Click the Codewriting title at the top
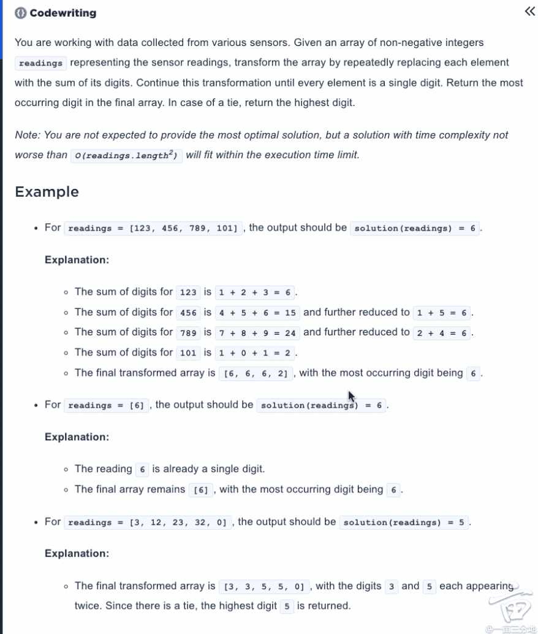point(63,13)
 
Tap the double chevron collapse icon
point(530,11)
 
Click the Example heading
point(47,192)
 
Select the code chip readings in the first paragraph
point(40,63)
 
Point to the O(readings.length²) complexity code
point(126,156)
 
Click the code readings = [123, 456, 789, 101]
point(153,228)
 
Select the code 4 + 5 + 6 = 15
point(257,313)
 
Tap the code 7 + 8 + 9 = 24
point(257,333)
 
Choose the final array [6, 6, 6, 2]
point(256,373)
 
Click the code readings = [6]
point(106,405)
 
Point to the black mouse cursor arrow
point(352,396)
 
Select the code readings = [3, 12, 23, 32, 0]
point(147,522)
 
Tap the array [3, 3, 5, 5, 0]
point(264,587)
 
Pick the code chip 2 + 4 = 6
point(442,333)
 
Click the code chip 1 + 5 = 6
point(442,313)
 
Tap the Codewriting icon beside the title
point(21,13)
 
